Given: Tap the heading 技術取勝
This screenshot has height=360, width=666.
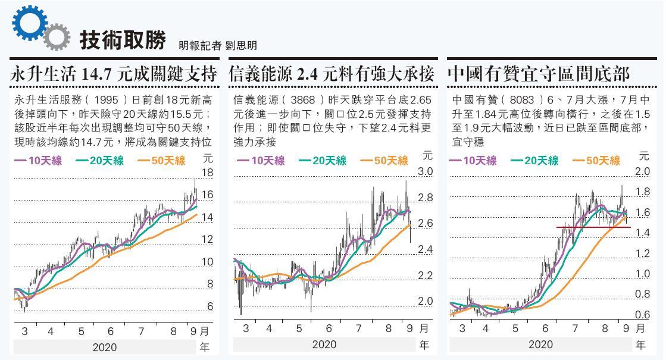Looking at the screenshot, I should click(x=123, y=39).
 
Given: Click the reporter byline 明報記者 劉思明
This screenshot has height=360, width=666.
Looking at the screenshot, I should click(x=217, y=45).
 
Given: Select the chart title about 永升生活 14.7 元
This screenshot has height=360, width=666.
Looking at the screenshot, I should click(x=114, y=74).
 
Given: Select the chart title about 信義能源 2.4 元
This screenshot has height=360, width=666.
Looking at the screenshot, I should click(x=332, y=74).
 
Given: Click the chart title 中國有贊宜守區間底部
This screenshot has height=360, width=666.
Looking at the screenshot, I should click(x=538, y=74).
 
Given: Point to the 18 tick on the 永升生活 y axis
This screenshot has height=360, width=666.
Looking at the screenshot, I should click(x=207, y=173).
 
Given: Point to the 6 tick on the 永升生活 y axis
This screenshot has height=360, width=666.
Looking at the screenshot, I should click(x=210, y=306).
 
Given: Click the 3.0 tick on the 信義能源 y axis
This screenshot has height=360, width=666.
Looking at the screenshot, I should click(x=425, y=172).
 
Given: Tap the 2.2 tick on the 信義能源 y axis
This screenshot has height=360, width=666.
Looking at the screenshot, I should click(x=425, y=276).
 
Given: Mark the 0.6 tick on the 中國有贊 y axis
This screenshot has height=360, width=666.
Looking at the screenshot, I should click(x=642, y=315).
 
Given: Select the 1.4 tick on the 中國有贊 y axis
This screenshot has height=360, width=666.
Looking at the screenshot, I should click(x=642, y=233).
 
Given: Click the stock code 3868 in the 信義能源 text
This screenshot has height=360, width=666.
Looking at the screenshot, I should click(x=301, y=99).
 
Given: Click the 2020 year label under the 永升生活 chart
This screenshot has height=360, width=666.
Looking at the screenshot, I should click(x=104, y=347).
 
